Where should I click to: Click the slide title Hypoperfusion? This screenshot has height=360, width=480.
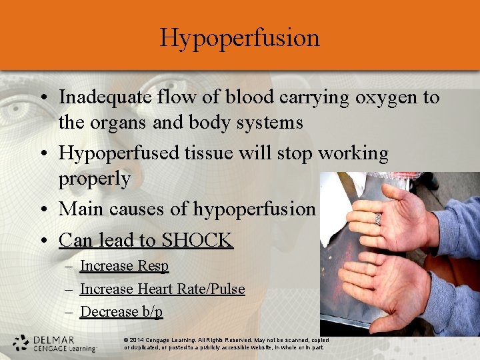pos(239,37)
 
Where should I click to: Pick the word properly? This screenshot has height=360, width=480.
pos(94,179)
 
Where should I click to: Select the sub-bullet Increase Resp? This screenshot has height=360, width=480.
pos(124,266)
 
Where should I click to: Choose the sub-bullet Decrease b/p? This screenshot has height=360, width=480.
pos(121,312)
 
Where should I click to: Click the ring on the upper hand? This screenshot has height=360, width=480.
pos(377,218)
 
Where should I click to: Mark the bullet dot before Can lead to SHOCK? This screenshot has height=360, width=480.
pos(43,240)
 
